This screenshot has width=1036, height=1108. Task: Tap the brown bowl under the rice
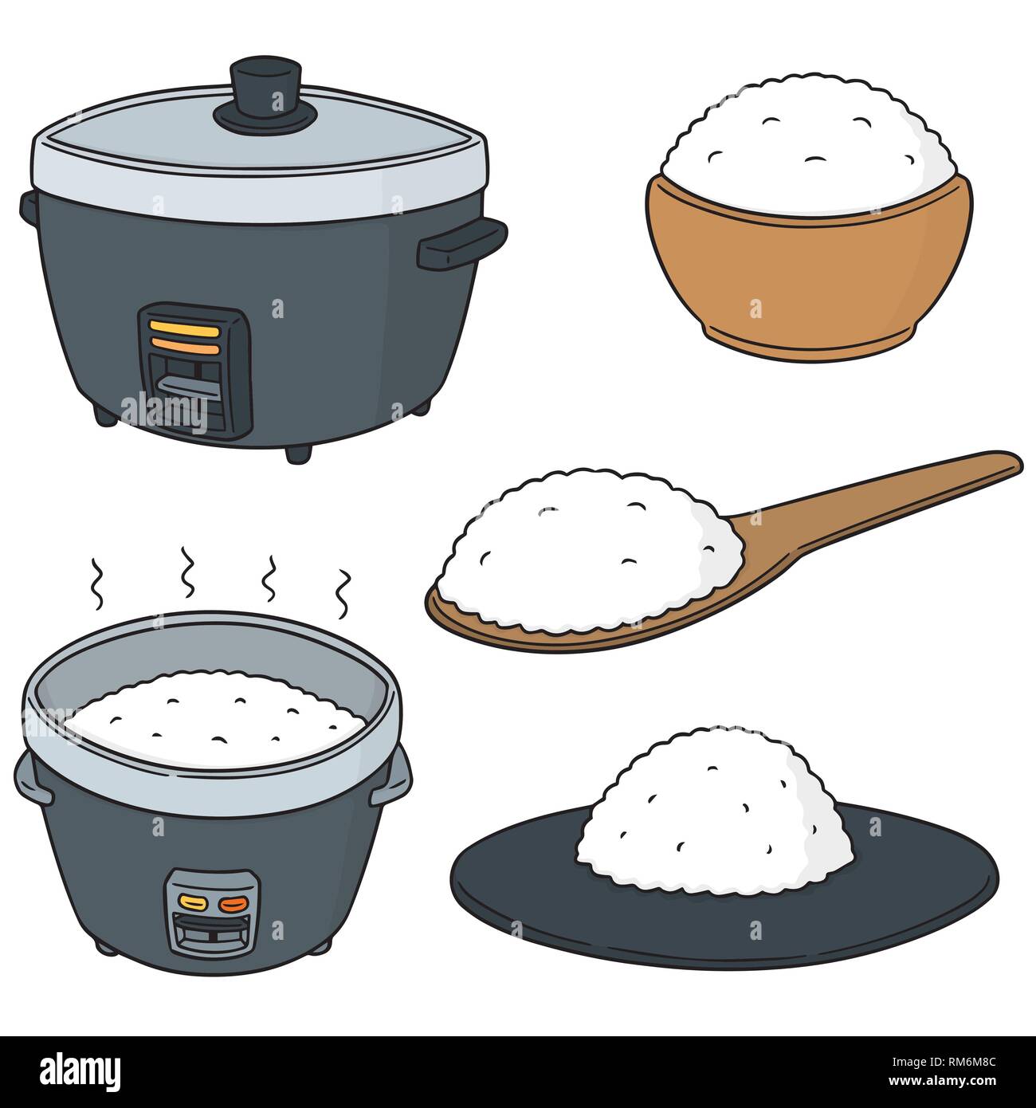[x=808, y=279]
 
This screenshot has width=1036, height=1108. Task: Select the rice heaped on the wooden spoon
[x=590, y=550]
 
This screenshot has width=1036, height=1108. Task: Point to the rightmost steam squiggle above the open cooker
[x=343, y=594]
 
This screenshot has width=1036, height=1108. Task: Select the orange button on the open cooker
[x=233, y=904]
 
